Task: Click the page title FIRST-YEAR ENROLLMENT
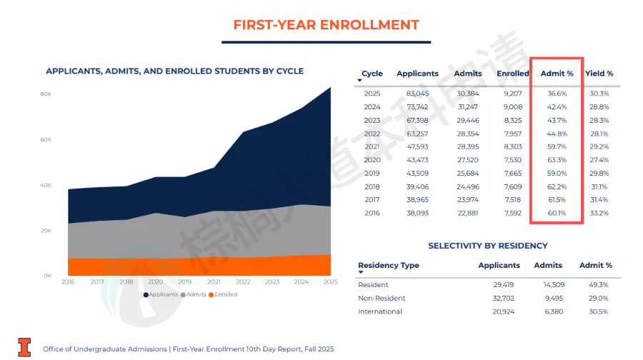326,24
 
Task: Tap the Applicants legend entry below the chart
164,294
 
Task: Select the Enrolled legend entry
225,294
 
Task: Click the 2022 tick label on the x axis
243,282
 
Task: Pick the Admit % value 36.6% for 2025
557,94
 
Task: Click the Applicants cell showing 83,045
417,94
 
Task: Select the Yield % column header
599,74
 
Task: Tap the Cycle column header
372,74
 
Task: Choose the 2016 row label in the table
372,213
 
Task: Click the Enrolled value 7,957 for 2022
512,134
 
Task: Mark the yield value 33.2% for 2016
599,213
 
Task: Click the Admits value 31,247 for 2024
468,107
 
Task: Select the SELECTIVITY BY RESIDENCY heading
487,246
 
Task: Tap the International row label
380,311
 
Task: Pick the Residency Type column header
388,265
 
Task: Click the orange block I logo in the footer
25,347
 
